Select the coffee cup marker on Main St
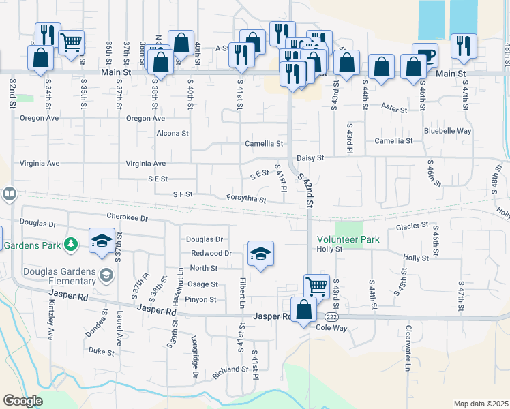425,54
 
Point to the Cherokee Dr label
127,217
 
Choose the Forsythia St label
246,199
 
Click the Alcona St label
172,134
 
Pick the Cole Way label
332,328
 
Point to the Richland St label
230,371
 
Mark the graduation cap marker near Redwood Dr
260,254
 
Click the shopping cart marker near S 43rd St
316,286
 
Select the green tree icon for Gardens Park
70,244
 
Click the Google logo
22,401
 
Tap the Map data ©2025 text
481,404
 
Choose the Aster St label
394,108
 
